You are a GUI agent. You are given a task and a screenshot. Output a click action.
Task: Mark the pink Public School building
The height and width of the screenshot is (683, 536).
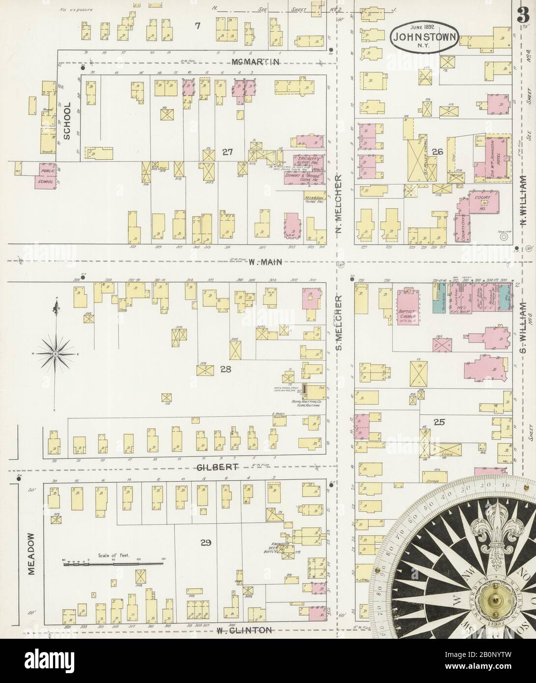[x=44, y=175]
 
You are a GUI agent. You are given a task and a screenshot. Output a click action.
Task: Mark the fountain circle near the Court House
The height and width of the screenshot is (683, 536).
[x=504, y=237]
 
